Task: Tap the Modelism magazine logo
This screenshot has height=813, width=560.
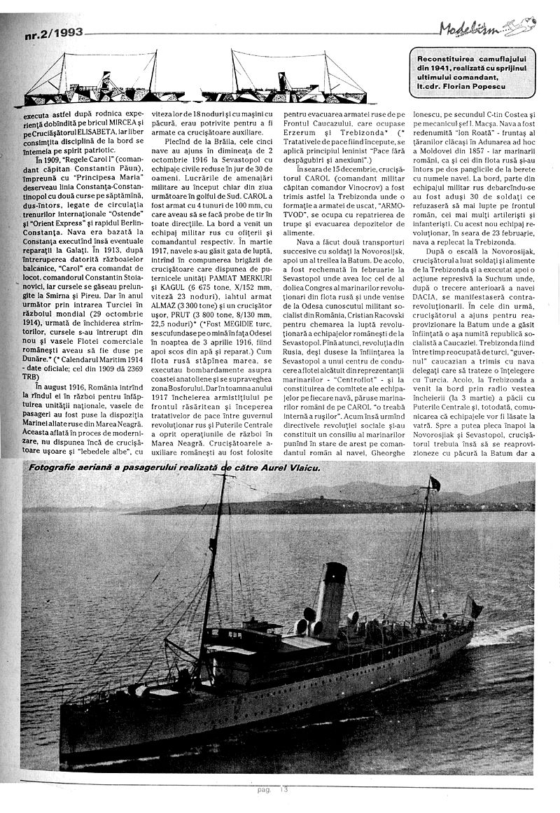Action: pos(486,29)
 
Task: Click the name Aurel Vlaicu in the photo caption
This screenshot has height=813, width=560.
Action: pos(272,467)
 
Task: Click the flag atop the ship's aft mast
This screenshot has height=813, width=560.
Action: pos(435,482)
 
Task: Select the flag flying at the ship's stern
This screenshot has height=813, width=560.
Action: pos(475,606)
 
